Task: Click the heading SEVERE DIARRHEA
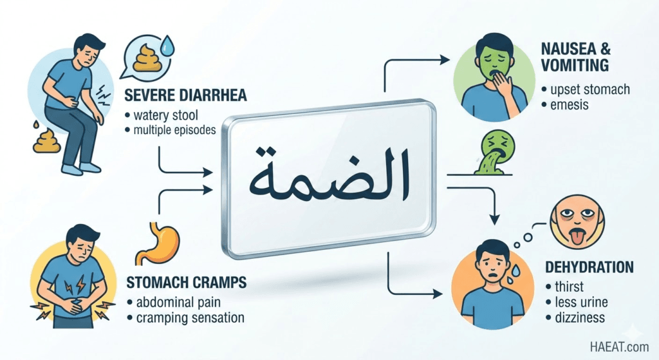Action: tap(185, 95)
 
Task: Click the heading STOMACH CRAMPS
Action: tap(186, 282)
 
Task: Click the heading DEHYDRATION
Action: tap(589, 267)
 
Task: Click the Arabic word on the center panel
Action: tap(329, 176)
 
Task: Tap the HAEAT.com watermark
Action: tap(619, 347)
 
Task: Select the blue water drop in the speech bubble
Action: tap(167, 46)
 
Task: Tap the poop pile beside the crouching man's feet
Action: tap(47, 140)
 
